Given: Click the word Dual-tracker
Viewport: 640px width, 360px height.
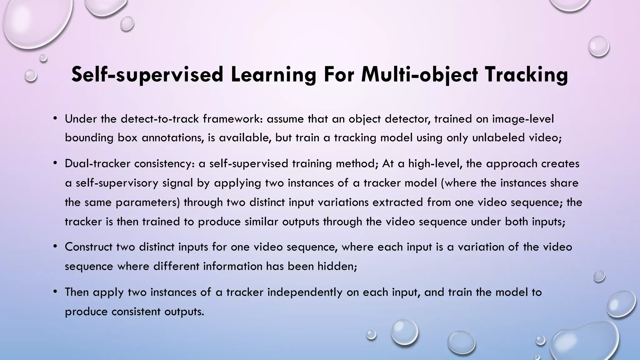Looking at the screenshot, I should pos(97,164).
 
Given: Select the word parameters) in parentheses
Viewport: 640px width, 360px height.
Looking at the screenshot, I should pos(148,202).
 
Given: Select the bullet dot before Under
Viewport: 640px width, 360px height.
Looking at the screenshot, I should pos(55,118).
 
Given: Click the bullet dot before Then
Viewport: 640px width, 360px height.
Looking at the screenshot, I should pos(55,292).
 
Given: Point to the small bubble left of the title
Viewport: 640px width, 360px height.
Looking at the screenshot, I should pos(31,75).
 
